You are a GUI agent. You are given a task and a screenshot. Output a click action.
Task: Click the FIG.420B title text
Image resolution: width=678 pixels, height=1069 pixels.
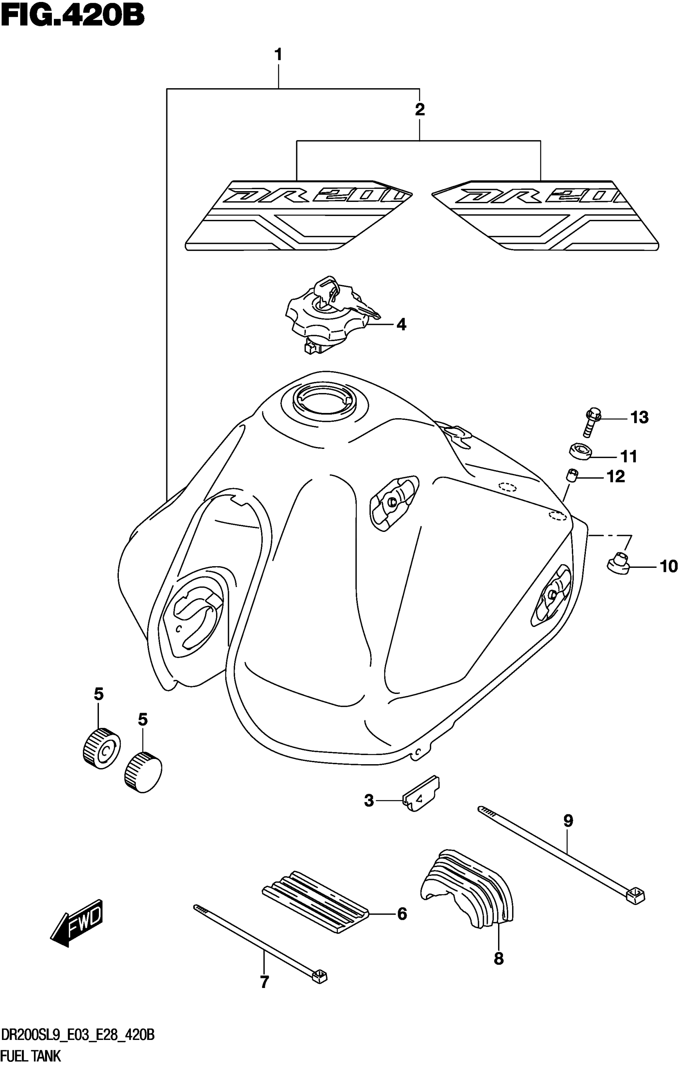(x=72, y=17)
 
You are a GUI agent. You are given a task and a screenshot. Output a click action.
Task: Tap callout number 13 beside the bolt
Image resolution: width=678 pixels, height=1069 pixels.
(x=639, y=417)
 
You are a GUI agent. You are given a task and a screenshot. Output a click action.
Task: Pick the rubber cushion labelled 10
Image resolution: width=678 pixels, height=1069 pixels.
(x=618, y=565)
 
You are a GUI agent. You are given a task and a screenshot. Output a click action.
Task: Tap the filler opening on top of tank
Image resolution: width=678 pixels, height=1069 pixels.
(x=324, y=399)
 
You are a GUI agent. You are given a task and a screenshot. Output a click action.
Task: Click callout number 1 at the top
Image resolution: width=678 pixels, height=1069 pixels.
(x=278, y=55)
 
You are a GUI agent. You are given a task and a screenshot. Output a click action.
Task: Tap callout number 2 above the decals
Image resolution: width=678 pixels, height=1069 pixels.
(x=420, y=109)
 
